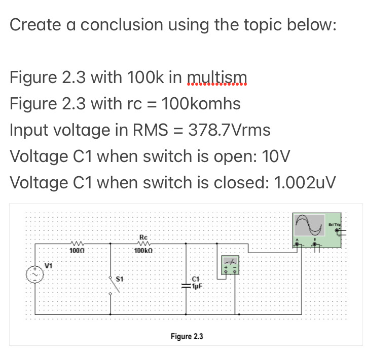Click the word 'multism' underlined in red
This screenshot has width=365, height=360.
pos(217,77)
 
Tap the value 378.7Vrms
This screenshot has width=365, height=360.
pos(229,130)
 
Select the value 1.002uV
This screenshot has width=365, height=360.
pos(304,182)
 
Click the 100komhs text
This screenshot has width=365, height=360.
pos(200,104)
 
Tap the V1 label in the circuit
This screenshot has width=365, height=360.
pos(49,265)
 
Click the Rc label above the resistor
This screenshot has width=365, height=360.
pos(142,237)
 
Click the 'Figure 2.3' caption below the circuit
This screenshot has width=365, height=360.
pos(187,336)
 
